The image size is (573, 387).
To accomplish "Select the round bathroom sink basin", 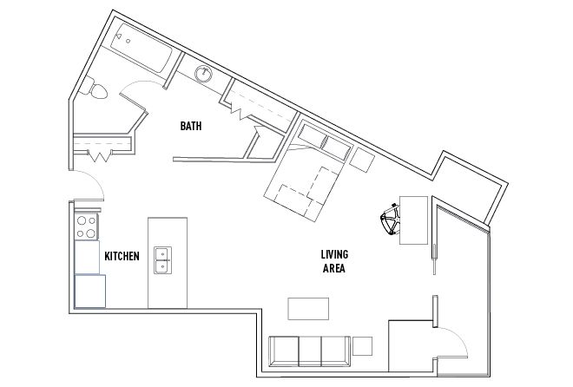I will (204, 74).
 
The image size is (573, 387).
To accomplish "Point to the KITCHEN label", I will (122, 257).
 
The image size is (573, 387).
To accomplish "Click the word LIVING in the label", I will (333, 254).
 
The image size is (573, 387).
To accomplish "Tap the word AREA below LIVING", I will (333, 269).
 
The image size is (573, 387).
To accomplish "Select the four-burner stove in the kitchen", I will (87, 227).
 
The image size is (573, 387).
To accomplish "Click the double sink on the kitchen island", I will (162, 259).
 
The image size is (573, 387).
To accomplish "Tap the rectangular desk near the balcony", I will (413, 220).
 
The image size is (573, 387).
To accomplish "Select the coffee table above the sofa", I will (308, 310).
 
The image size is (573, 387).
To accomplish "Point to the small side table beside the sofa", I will (363, 346).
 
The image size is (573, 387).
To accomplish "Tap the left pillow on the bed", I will (308, 134).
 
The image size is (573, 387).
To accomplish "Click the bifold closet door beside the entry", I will (100, 157).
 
